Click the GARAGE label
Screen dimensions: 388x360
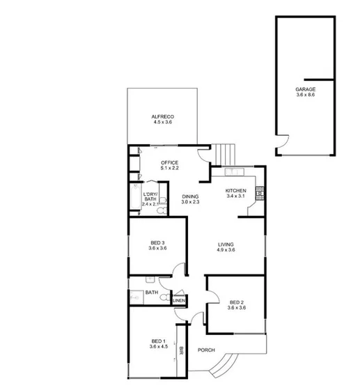306,90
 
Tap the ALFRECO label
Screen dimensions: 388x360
162,116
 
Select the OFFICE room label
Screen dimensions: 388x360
170,162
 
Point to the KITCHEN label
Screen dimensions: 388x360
236,191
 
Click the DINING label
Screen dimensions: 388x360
191,196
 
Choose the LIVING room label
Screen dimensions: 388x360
226,245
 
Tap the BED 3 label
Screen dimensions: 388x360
157,242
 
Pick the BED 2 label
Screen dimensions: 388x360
237,302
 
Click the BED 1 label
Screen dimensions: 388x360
157,340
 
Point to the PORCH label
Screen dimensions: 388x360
206,350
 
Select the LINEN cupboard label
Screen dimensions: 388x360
179,301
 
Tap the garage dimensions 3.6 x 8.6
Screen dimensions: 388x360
306,96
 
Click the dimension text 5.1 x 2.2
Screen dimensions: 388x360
170,168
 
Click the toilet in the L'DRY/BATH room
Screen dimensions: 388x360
162,206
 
